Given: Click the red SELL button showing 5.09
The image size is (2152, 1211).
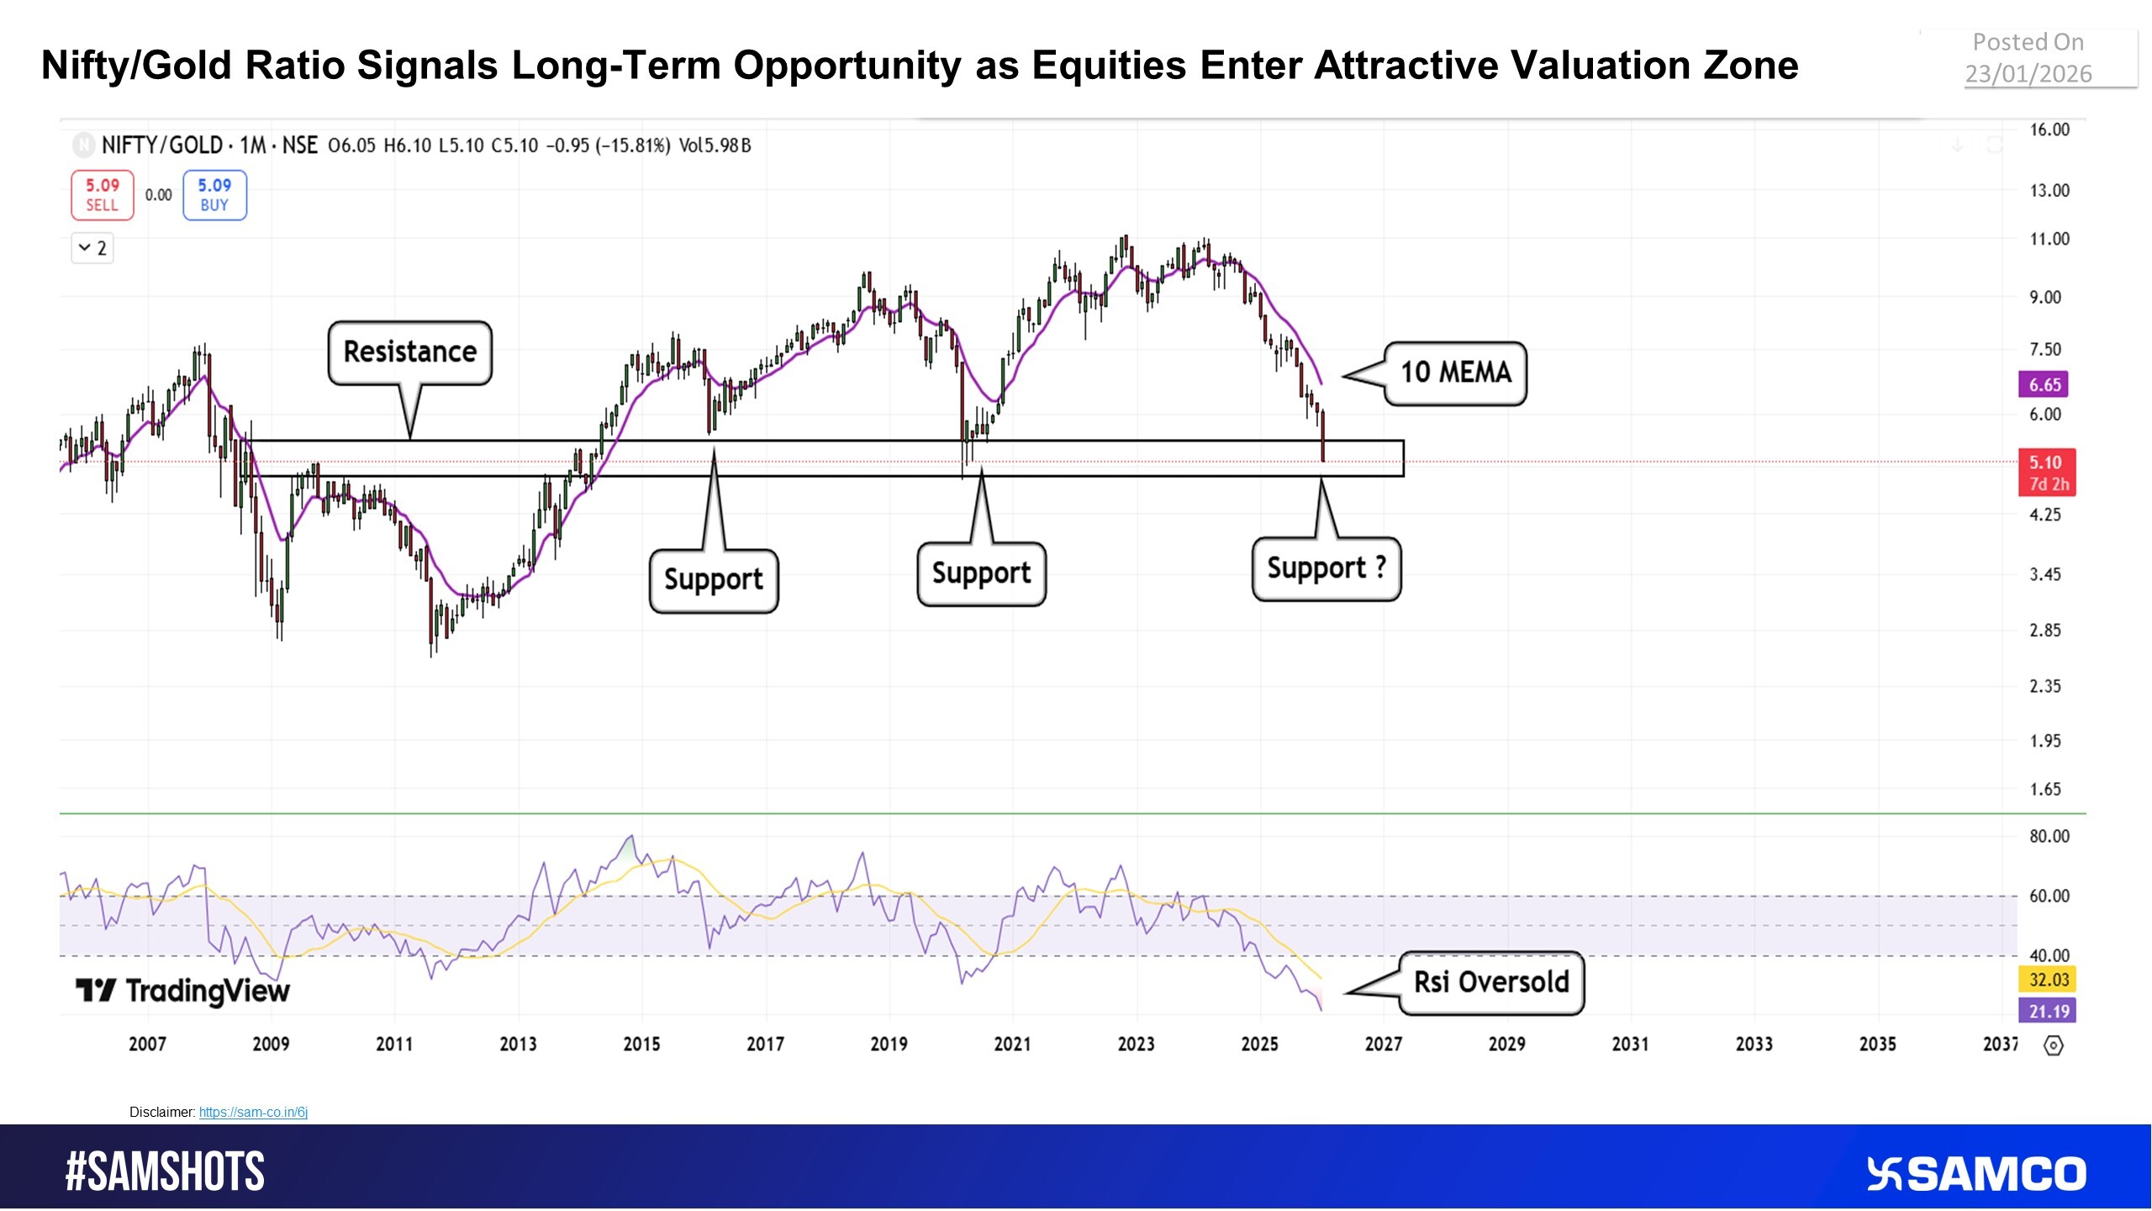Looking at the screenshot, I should [102, 194].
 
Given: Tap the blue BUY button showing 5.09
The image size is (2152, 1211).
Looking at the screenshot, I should [214, 194].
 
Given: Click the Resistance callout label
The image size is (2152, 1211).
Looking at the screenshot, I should [410, 352].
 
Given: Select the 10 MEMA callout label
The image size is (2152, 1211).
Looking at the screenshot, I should [1455, 373].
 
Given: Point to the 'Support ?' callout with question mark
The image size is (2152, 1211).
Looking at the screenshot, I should [1326, 568].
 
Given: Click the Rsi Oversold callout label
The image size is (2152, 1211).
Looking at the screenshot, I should [1490, 982].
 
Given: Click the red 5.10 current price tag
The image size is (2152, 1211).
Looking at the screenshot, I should [2046, 472].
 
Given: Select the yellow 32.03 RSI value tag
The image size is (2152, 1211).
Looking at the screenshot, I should [2047, 980].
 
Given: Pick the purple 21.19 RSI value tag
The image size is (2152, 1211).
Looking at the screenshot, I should [2047, 1011].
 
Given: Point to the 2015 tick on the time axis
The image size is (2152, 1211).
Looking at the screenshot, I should [641, 1044].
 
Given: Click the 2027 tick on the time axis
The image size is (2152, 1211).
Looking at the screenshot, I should [1383, 1044].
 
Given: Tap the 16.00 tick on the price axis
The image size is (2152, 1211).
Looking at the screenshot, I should [2049, 130].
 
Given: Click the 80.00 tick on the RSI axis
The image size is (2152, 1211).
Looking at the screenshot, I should [2049, 837].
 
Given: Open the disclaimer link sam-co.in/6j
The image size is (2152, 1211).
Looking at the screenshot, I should [253, 1113].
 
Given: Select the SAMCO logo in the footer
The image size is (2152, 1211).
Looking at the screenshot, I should [1976, 1174].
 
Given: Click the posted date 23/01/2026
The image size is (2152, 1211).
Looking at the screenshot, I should [2028, 74].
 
